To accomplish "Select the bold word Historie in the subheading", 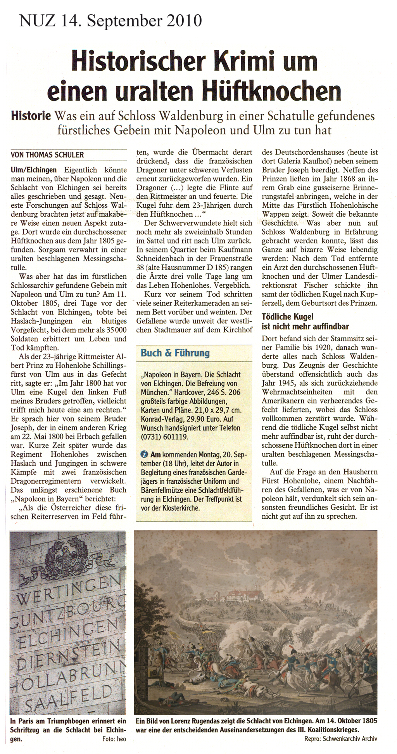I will pos(31,116).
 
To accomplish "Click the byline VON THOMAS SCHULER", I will pos(47,155).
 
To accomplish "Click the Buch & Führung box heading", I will pos(175,353).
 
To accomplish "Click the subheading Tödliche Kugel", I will pos(287,317).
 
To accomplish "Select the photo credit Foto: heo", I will pos(114,739).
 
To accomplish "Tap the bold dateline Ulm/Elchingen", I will pos(34,170).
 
